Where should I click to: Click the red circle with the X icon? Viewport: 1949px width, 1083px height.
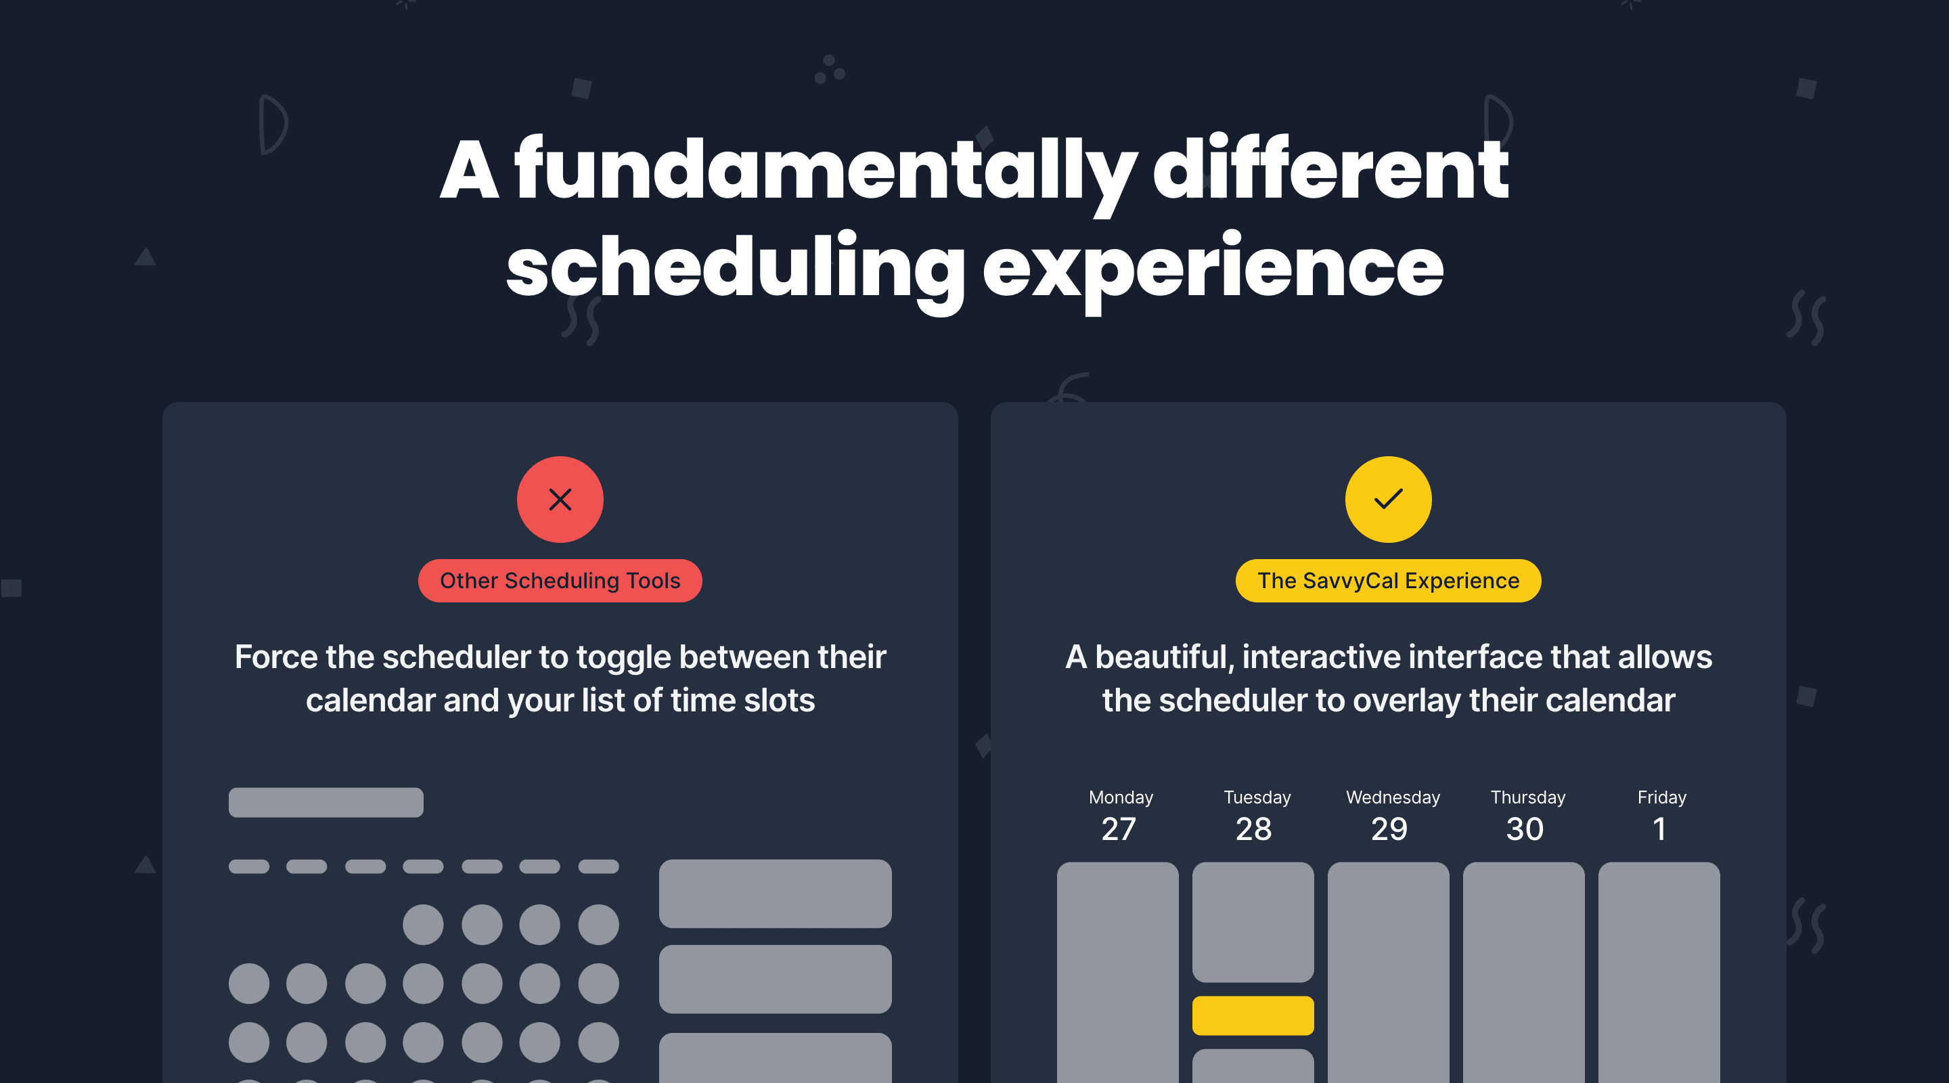560,500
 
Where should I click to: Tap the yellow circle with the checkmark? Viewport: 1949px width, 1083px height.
1387,500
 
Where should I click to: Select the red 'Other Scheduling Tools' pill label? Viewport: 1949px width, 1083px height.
560,581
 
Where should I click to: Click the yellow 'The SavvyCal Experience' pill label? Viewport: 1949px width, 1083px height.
1387,581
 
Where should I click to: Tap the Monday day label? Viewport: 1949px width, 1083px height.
1121,797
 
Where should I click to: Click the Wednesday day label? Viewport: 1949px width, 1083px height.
1392,797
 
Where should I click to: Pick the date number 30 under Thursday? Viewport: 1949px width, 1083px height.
1525,829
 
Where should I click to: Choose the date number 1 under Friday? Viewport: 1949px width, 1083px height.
1659,829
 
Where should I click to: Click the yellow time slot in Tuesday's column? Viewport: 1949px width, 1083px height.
1253,1015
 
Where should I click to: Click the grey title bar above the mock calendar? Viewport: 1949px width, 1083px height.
326,802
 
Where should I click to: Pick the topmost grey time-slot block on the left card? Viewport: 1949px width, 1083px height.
775,893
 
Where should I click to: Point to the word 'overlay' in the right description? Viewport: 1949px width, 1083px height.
1406,701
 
